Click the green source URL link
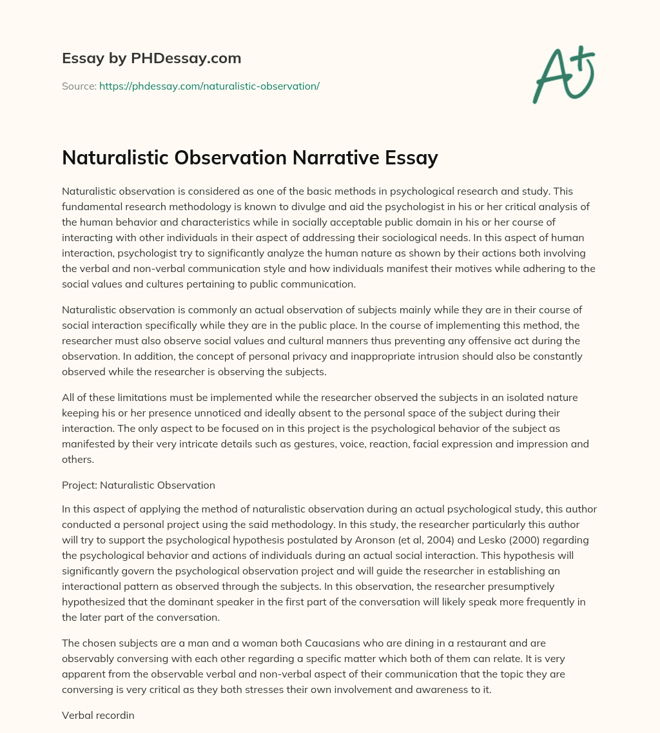(209, 86)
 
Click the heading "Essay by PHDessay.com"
(151, 59)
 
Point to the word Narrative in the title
(336, 157)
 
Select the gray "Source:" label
(79, 86)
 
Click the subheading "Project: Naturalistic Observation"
(139, 485)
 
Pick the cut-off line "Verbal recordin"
(98, 714)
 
